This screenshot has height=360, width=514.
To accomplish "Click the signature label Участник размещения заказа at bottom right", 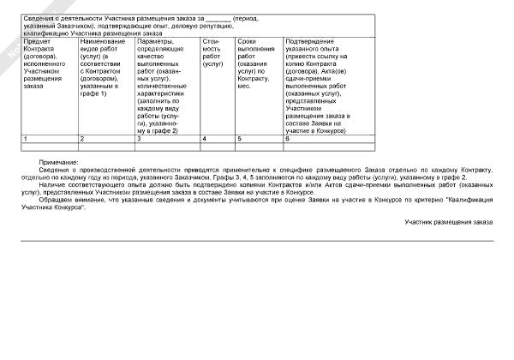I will pos(449,223).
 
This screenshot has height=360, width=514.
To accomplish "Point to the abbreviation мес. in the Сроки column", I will pos(243,87).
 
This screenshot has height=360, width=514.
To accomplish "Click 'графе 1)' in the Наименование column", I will pos(93,93).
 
